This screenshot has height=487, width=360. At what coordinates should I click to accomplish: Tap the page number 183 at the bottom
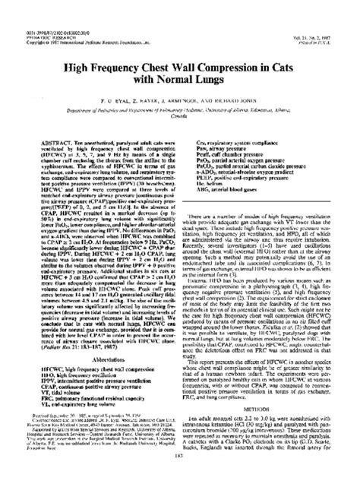tap(180, 476)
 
